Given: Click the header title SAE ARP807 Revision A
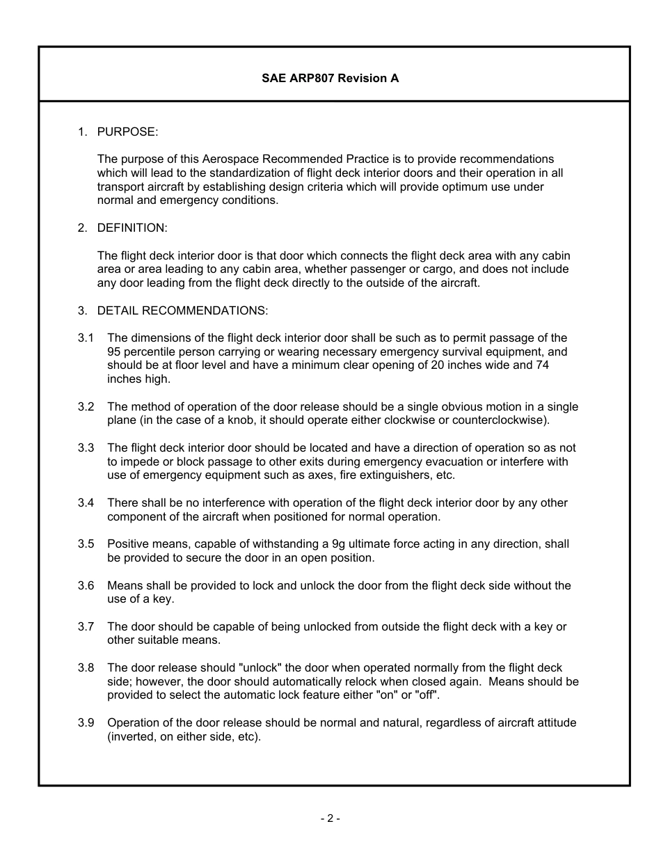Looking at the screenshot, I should [330, 78].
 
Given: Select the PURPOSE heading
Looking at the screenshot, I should [127, 132].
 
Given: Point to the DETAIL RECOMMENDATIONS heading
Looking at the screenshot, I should [182, 310].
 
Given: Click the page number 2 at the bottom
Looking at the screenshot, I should [330, 818].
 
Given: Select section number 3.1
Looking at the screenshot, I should [86, 338].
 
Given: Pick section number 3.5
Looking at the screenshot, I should [86, 544].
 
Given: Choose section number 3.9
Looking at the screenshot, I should [86, 723].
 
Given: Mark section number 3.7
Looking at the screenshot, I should [86, 627].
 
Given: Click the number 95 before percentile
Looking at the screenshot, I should [114, 352].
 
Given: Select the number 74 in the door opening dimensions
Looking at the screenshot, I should [542, 365].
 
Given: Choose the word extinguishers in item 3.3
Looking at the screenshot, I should [392, 475].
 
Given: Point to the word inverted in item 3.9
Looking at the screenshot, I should [132, 736].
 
